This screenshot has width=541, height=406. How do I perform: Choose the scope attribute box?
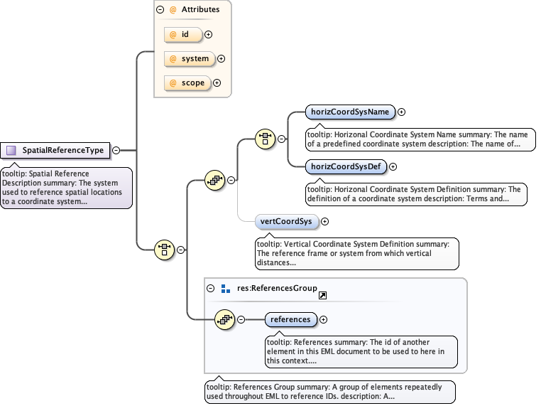[187, 82]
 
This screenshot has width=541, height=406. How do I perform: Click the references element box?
[290, 319]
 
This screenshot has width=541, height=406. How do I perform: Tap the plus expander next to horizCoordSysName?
[402, 112]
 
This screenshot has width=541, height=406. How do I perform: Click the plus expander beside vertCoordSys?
[325, 221]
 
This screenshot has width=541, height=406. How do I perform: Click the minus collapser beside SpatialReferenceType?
[116, 150]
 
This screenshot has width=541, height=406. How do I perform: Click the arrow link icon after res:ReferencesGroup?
[322, 295]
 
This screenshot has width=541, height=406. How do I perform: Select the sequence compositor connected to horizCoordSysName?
[265, 139]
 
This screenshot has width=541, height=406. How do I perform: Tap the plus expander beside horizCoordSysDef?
[393, 166]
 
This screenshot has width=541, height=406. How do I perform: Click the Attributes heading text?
[200, 10]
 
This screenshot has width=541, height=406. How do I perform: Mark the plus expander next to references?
[324, 319]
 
